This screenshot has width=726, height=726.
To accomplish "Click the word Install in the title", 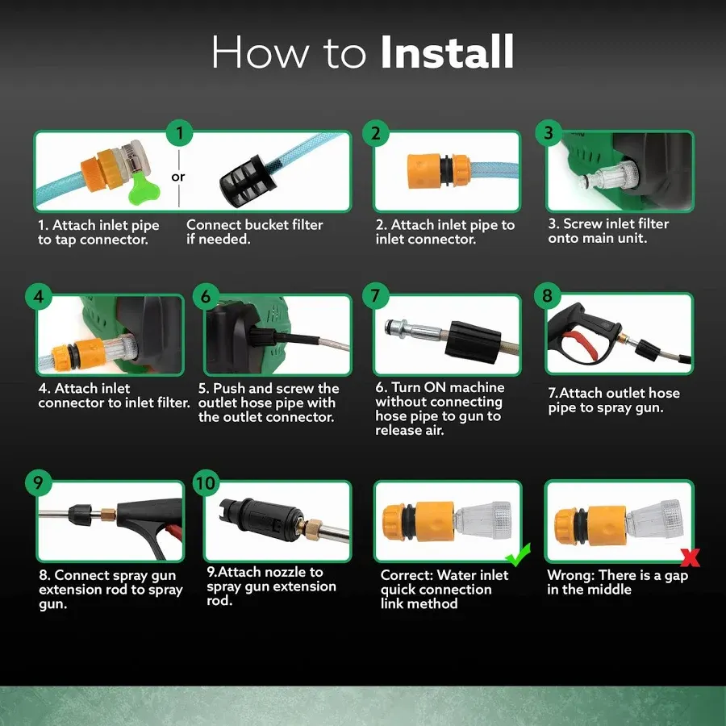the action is [447, 52].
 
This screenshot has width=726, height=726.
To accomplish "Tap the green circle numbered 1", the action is [179, 133].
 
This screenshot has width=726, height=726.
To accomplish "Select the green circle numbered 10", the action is [206, 482].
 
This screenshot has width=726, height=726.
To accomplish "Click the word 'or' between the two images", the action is [177, 177].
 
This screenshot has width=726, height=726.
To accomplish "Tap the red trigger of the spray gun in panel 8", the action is [581, 345].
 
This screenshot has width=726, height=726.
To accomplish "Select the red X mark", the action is [691, 557].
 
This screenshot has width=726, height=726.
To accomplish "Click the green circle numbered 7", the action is [375, 296].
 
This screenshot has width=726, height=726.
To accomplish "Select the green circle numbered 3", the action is [549, 133].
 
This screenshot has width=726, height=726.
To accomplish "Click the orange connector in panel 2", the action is [439, 171].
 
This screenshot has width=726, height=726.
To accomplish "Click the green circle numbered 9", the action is [39, 482].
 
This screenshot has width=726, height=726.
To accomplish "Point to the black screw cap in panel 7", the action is [472, 340].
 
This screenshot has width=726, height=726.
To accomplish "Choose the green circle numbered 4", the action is [39, 296].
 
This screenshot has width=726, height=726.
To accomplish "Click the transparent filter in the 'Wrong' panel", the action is [653, 519].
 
